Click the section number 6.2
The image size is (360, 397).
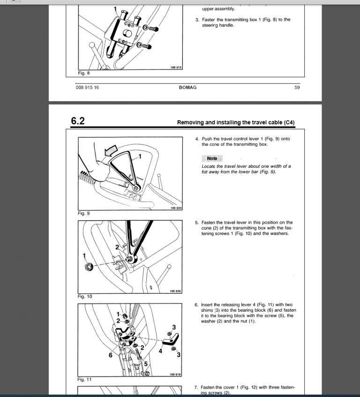pos(78,121)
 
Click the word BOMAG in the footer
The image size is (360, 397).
pos(187,87)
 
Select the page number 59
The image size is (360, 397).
pos(297,87)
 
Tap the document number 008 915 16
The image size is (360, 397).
pos(87,87)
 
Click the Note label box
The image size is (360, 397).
pos(212,158)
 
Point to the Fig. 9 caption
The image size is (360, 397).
pos(84,213)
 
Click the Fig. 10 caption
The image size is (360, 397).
pos(85,296)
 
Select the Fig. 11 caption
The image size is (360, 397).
pos(85,380)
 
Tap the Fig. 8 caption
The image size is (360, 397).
pos(84,73)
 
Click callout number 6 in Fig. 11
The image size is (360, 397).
pos(111,355)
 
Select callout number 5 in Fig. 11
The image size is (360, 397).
pos(145,363)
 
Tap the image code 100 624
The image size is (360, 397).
pos(175,208)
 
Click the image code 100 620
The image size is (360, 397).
pos(175,291)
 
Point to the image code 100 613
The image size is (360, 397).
pos(176,68)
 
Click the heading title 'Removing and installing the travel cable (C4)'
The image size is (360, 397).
pos(236,123)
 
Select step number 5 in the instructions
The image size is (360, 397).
pos(197,223)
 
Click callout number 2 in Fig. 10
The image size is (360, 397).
pos(117,247)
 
